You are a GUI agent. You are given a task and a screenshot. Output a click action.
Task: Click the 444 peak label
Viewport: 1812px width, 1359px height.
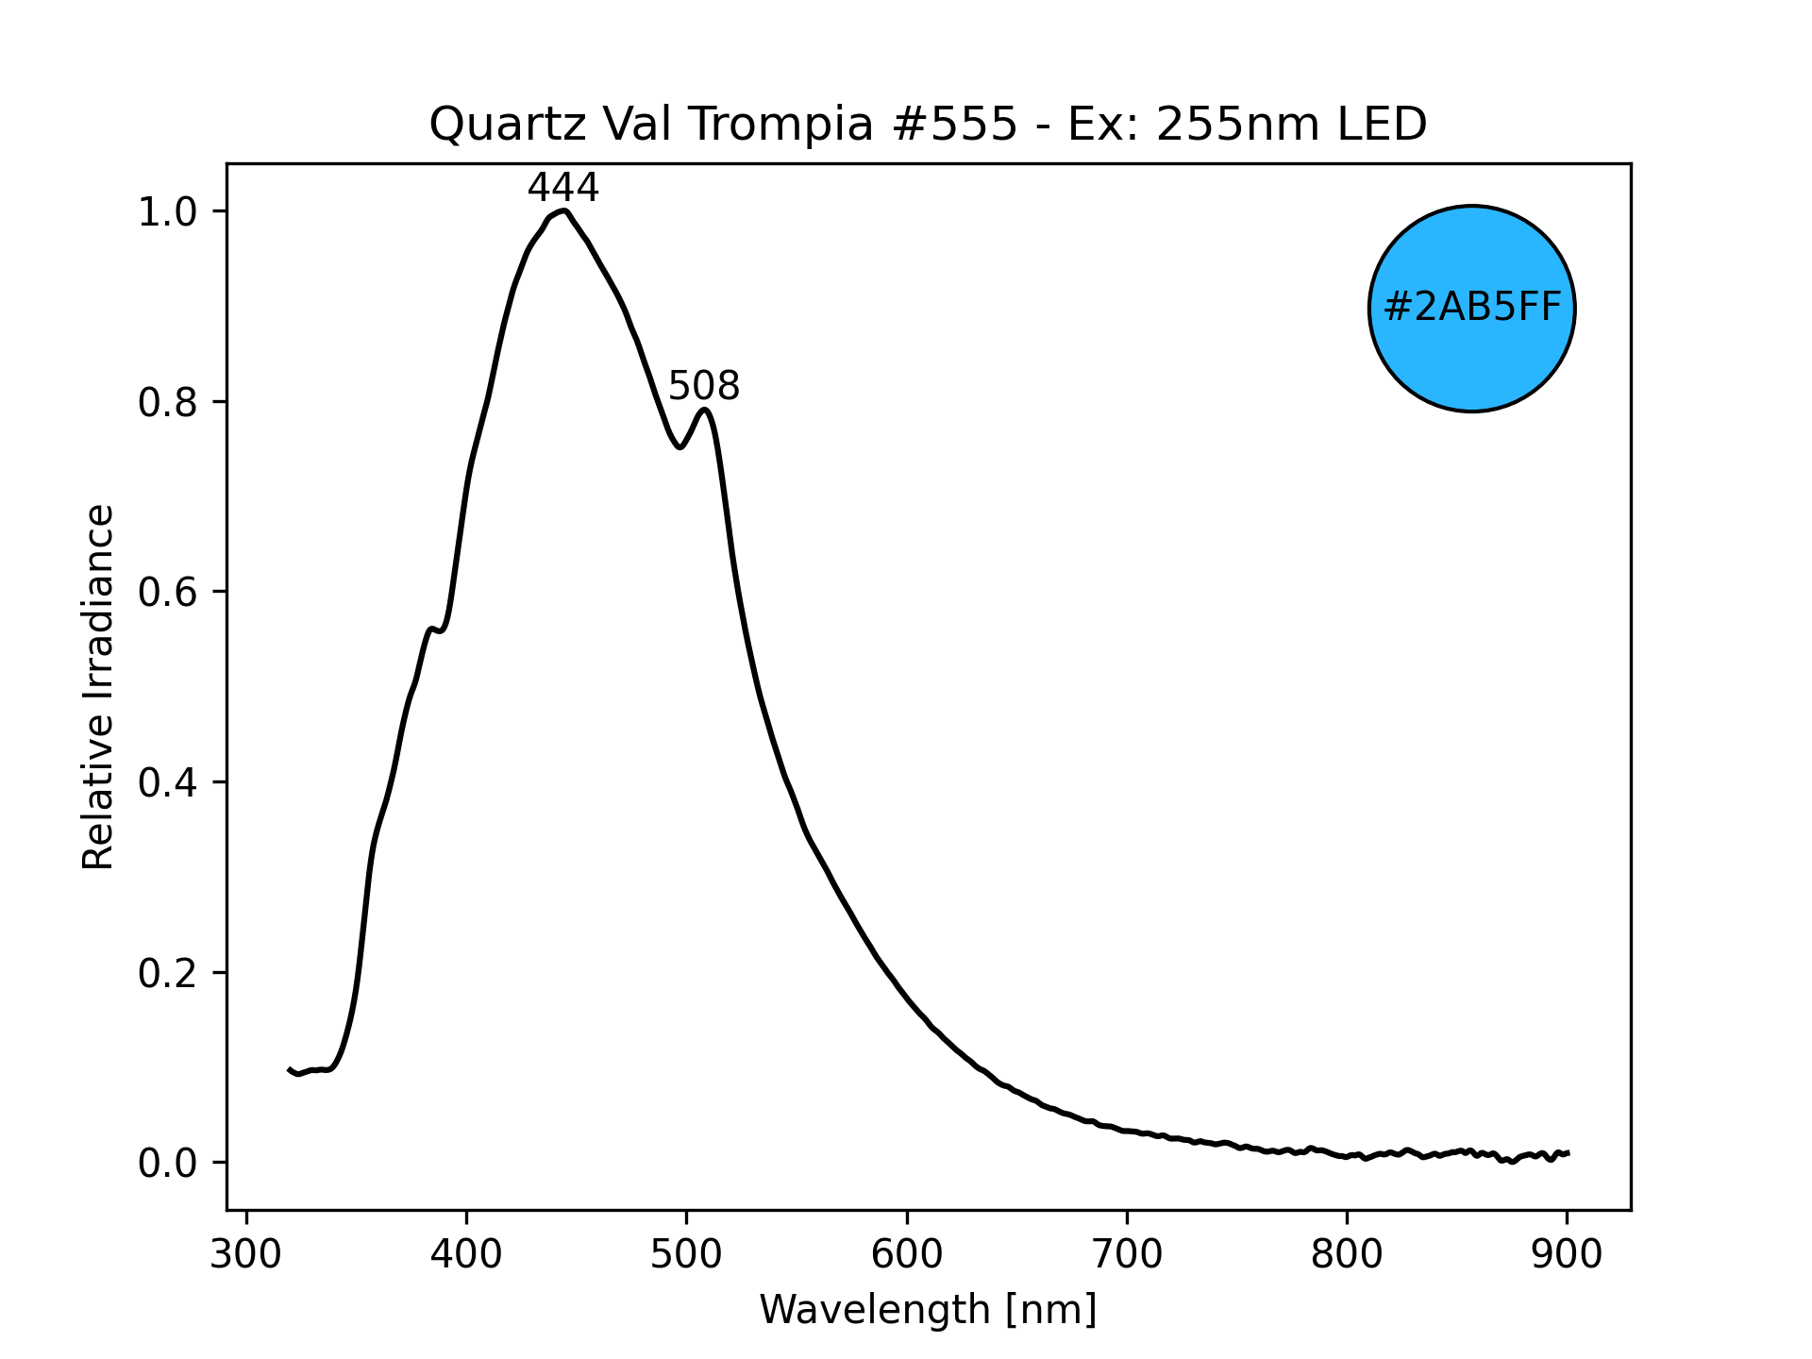click(562, 189)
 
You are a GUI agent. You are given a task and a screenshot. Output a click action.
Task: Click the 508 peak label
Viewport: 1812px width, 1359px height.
click(703, 387)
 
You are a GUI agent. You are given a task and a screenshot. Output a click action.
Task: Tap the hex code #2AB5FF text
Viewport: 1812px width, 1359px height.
click(1471, 309)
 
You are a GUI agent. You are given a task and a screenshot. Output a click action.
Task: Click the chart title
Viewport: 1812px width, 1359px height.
click(928, 125)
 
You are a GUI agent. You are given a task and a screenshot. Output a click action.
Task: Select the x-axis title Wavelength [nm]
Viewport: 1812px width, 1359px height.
click(928, 1310)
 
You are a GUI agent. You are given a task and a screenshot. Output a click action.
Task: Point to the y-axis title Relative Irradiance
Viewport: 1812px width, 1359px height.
click(98, 686)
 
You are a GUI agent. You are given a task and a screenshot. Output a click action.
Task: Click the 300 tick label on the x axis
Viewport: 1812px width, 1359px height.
click(246, 1254)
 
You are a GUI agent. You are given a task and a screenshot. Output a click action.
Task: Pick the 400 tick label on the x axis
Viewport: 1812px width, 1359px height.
click(466, 1254)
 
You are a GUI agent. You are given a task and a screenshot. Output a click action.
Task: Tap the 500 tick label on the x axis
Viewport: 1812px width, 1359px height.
click(686, 1254)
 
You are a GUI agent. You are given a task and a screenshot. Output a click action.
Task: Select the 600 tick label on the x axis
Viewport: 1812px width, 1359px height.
click(906, 1254)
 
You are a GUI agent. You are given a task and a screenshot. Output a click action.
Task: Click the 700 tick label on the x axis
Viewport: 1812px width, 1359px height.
click(1126, 1254)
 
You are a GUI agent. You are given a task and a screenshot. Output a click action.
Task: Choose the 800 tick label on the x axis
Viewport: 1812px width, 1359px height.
click(1346, 1254)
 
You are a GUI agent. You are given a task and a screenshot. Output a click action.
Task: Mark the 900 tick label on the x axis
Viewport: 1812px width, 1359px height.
click(1566, 1254)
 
